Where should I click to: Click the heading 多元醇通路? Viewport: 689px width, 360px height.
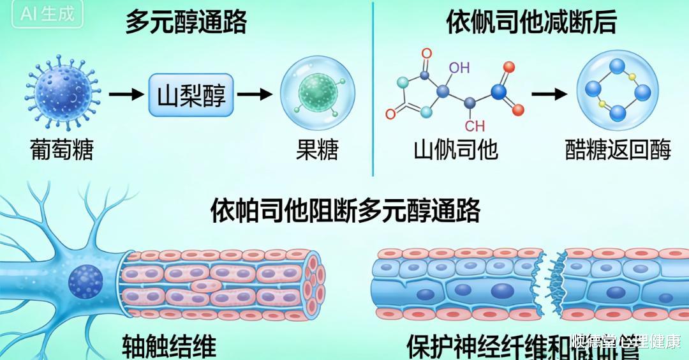(186, 24)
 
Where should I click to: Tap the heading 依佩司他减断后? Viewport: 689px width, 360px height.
(531, 24)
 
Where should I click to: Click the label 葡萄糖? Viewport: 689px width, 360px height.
(62, 151)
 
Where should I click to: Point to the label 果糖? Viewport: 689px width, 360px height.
(317, 151)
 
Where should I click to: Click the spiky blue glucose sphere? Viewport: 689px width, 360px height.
(62, 94)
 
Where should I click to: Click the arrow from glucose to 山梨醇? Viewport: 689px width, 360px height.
(125, 95)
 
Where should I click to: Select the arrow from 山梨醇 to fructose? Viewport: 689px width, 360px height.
(255, 95)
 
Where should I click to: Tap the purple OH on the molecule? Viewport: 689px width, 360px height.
(459, 67)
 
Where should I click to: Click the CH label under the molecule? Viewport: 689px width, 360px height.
(475, 125)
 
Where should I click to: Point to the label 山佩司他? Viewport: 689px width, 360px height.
(456, 151)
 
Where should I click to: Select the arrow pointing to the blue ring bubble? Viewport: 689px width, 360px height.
(549, 94)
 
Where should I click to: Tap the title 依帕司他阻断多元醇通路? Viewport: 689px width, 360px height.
(345, 211)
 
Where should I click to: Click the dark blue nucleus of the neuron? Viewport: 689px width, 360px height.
(84, 281)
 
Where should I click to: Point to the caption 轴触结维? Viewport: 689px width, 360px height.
(168, 345)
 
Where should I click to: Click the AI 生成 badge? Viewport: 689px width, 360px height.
(47, 14)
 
